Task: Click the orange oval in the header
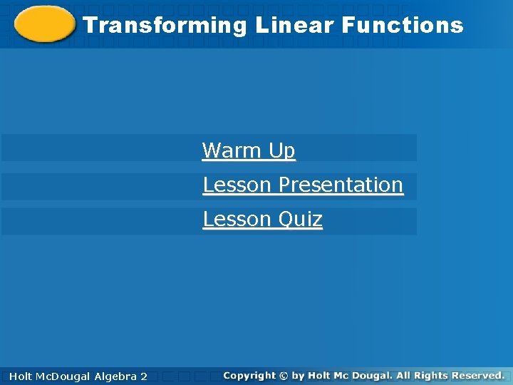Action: [x=44, y=25]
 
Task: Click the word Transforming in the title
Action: [x=165, y=26]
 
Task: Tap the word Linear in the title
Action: [x=294, y=26]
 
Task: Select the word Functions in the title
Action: [x=402, y=26]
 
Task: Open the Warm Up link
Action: [x=249, y=150]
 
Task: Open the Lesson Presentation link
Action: [x=303, y=185]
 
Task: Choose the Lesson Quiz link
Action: [x=262, y=219]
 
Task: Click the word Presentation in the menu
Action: [x=341, y=185]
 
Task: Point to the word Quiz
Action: [x=301, y=219]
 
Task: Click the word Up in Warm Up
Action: [x=281, y=150]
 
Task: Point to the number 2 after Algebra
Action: [x=145, y=376]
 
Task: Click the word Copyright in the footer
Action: [x=249, y=375]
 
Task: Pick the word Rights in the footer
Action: [x=430, y=375]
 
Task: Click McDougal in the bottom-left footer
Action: [x=64, y=376]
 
